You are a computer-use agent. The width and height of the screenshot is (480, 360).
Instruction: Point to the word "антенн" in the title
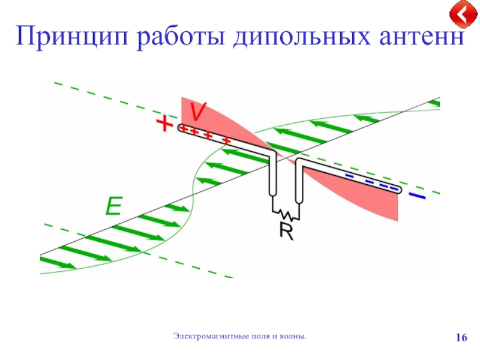tap(415, 38)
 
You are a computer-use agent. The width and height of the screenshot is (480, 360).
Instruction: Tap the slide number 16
tap(461, 338)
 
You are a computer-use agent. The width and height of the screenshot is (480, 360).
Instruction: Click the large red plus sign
tap(163, 124)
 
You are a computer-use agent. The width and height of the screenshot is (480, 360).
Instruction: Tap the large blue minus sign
tap(416, 196)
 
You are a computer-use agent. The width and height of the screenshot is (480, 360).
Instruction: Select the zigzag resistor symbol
tap(286, 212)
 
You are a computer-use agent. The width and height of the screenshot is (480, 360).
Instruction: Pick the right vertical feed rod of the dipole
tap(299, 180)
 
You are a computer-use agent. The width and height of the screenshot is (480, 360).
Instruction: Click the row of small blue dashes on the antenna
tap(372, 182)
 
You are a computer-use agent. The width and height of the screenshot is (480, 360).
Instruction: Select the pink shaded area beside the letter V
tap(228, 120)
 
